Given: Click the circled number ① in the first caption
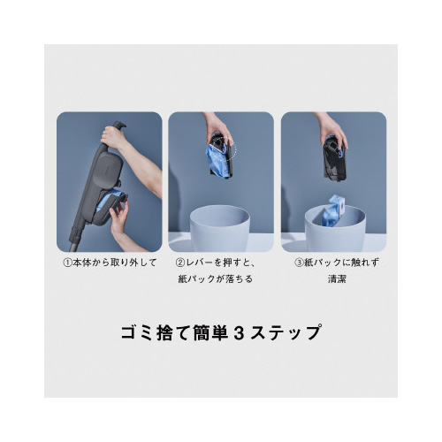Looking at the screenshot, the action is coord(68,263).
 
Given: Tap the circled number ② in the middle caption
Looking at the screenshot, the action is coord(180,263).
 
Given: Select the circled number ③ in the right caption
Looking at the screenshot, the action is coord(300,263).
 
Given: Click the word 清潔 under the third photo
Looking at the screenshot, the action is coord(337,278).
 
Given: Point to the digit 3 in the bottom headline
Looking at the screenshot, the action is coord(240,333).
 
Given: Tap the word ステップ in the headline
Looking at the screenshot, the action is coord(286,333).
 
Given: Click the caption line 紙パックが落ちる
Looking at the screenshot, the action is coord(216,278).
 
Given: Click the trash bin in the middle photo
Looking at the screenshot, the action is coord(219,227).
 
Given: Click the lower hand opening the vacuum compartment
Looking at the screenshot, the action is coord(118,218).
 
